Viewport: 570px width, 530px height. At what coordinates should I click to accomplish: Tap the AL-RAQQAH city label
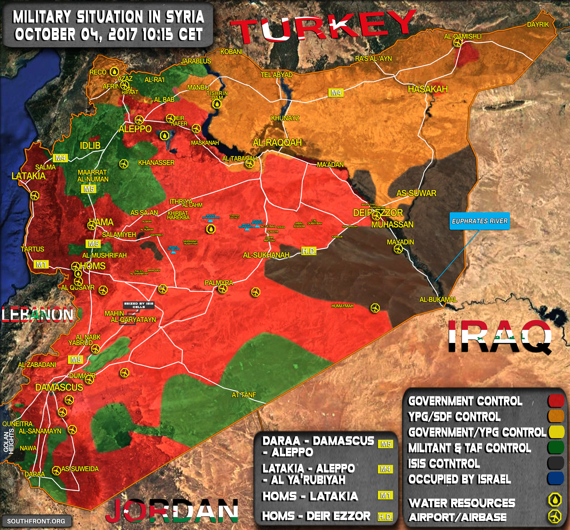tap(277, 143)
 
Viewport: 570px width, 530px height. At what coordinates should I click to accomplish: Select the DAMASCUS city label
tap(59, 387)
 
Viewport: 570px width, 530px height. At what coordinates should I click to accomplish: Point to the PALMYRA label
tap(219, 283)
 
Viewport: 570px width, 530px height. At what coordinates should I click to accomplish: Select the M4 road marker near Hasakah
tap(336, 93)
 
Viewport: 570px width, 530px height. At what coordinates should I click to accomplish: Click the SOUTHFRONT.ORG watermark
tap(36, 521)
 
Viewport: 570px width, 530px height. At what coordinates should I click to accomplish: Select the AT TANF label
tap(244, 395)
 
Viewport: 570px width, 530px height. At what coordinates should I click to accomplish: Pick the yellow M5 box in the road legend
tap(385, 444)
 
